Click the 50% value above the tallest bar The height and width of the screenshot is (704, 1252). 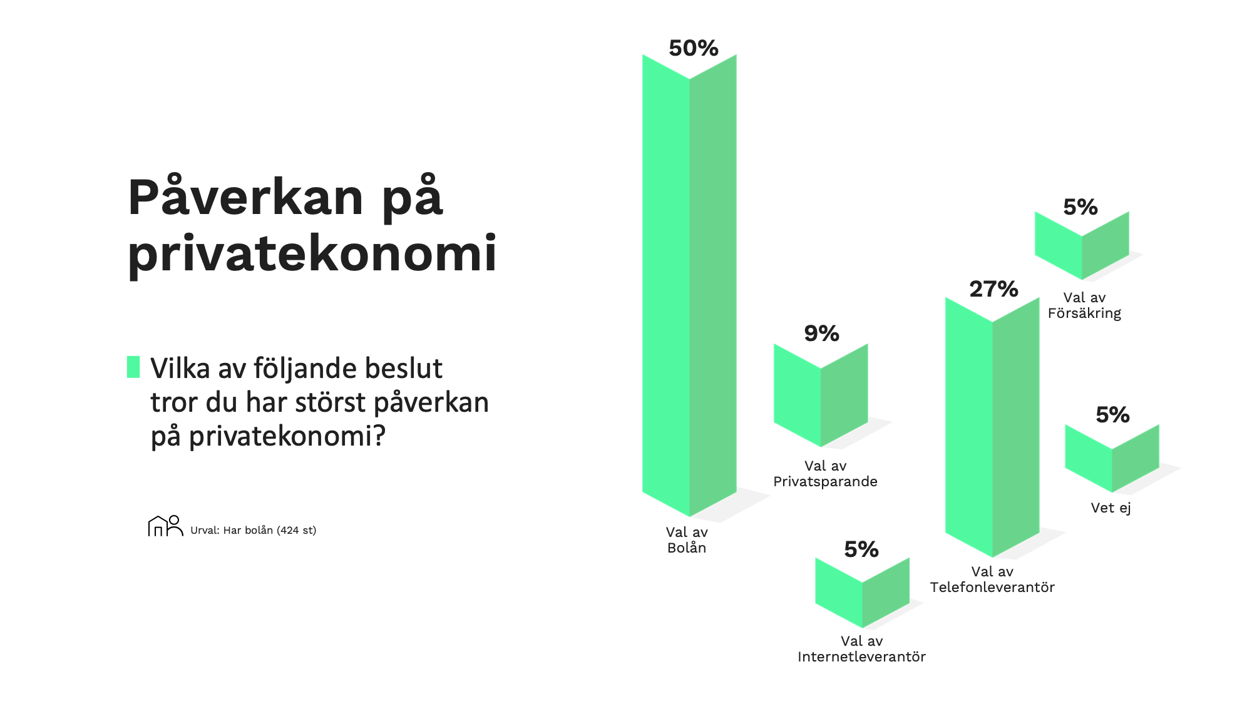point(694,48)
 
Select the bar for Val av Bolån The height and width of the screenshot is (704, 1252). point(689,285)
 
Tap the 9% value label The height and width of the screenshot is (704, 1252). point(821,334)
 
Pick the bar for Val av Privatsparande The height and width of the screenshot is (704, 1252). point(821,395)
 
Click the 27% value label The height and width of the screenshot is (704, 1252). point(993,289)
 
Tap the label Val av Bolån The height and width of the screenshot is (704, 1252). point(687,540)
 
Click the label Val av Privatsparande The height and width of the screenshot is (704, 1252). point(825,474)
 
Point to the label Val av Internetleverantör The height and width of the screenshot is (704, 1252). point(861,649)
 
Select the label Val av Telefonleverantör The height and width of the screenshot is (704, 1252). point(992,579)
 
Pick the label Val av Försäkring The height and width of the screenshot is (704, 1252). point(1084,305)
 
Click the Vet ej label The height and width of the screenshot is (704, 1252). point(1111,508)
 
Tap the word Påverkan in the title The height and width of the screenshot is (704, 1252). point(246,196)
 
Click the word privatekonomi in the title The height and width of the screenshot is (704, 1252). point(312,253)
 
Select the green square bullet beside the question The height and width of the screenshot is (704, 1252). point(133,367)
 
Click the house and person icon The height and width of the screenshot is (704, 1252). point(165,526)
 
